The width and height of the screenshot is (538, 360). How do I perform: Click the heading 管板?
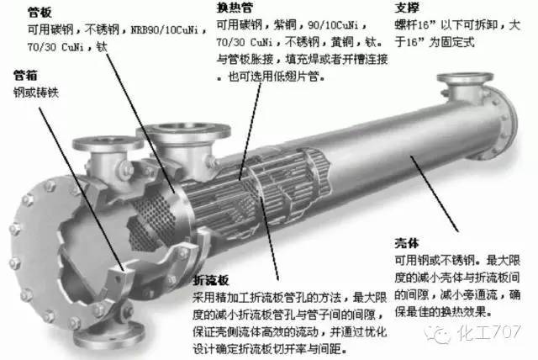click(x=40, y=13)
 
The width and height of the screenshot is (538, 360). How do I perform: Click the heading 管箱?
click(x=25, y=75)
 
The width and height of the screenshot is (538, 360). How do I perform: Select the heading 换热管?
click(x=235, y=8)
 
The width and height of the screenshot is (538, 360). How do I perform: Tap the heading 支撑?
click(x=407, y=8)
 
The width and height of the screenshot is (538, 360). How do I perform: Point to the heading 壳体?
click(x=407, y=243)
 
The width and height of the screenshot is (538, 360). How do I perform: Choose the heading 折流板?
click(x=211, y=280)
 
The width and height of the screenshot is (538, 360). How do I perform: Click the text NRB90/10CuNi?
click(x=165, y=29)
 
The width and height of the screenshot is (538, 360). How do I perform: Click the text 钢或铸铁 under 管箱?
click(x=36, y=93)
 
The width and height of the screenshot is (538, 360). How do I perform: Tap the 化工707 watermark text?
click(x=488, y=332)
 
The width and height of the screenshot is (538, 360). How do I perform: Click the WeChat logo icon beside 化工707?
click(x=437, y=333)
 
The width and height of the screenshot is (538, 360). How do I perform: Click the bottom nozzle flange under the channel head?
click(x=108, y=335)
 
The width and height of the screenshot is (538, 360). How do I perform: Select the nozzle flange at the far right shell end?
click(x=465, y=78)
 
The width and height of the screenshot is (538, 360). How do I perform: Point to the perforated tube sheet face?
click(x=153, y=220)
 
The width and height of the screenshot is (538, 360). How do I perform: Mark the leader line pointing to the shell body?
click(x=434, y=194)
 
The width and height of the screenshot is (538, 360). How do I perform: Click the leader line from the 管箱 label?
click(x=82, y=189)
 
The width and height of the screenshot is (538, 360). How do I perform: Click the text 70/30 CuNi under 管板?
click(x=55, y=47)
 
